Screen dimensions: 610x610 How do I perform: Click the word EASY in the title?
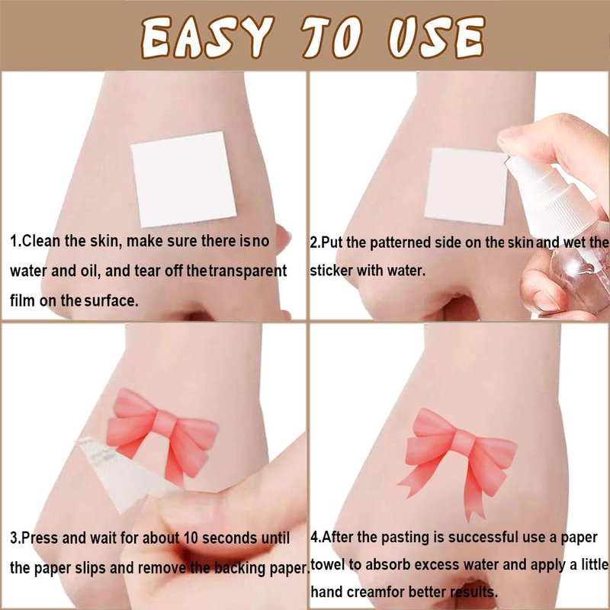[x=205, y=37]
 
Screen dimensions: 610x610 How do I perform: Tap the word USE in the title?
[x=436, y=37]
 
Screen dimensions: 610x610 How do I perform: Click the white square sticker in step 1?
[x=184, y=179]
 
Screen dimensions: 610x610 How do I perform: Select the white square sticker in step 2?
[x=466, y=187]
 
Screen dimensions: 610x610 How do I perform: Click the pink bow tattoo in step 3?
[x=162, y=435]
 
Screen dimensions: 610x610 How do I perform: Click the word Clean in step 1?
[x=41, y=241]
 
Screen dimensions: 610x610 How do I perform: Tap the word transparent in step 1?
[x=249, y=271]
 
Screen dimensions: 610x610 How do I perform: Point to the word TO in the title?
[x=332, y=37]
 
